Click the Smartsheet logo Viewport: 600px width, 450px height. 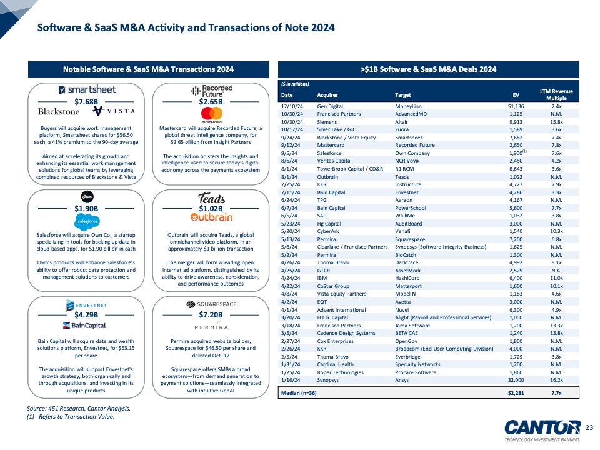click(87, 89)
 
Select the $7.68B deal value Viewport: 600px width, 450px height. click(87, 101)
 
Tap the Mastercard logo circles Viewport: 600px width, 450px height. click(212, 114)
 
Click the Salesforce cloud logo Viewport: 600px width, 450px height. click(87, 221)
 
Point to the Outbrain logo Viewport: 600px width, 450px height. click(211, 217)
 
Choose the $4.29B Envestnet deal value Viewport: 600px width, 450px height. click(87, 315)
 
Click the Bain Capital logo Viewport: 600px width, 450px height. click(84, 326)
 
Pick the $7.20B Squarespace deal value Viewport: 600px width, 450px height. click(211, 315)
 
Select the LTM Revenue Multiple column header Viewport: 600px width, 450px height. click(556, 95)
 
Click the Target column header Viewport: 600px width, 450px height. click(403, 96)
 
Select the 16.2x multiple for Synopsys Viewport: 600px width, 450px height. click(556, 380)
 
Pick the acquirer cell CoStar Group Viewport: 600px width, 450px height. click(333, 286)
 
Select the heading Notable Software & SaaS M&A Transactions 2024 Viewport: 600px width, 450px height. click(149, 69)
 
